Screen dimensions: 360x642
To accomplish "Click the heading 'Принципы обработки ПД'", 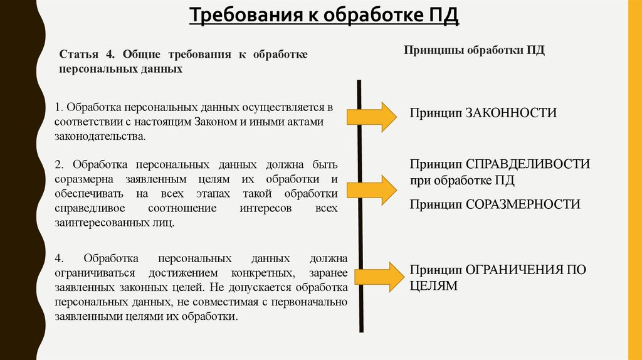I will [474, 50].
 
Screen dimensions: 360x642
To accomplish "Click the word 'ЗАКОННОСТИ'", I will [510, 113].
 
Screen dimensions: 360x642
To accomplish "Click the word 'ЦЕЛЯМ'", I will [434, 285].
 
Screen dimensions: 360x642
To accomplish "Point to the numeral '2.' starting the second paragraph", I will [60, 165].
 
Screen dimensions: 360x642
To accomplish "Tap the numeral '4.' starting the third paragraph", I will [60, 258].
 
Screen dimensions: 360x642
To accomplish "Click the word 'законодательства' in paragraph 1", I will [99, 135].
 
